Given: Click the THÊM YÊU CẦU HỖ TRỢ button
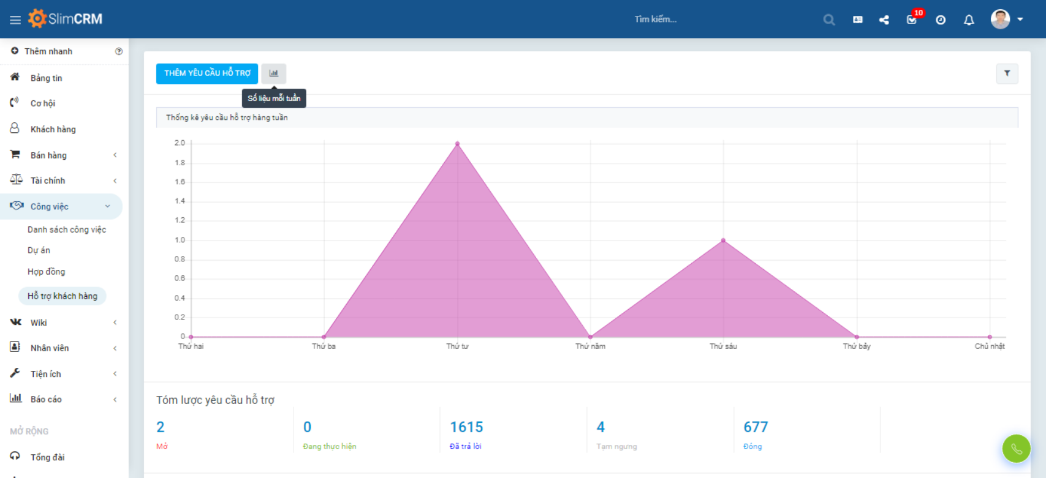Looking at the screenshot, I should pos(207,73).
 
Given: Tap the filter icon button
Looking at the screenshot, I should pos(1007,73).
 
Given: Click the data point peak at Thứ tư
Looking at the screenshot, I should pos(457,144).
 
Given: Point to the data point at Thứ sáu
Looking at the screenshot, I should pos(723,241).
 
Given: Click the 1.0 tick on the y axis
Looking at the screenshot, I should pos(180,240).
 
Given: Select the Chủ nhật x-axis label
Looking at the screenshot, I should pos(989,346).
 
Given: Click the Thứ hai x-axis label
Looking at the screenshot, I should pos(191,346).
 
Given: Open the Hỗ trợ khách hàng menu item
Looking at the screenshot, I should pos(63,296).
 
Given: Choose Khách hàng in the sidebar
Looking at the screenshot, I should pos(53,129).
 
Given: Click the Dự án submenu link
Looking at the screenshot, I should pos(39,250).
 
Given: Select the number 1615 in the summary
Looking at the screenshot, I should pos(466,427).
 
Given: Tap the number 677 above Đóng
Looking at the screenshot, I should pos(756,427).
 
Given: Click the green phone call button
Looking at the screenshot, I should pos(1016,449).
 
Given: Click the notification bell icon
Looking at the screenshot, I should pos(969,20).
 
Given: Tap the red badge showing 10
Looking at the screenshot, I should pos(918,13).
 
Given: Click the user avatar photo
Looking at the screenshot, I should pos(1000,20).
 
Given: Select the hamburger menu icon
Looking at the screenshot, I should pos(15,20).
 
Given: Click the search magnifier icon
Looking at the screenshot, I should pos(829,20).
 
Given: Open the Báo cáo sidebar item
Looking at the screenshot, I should pos(46,399).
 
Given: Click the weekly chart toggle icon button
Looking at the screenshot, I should pos(274,73).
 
